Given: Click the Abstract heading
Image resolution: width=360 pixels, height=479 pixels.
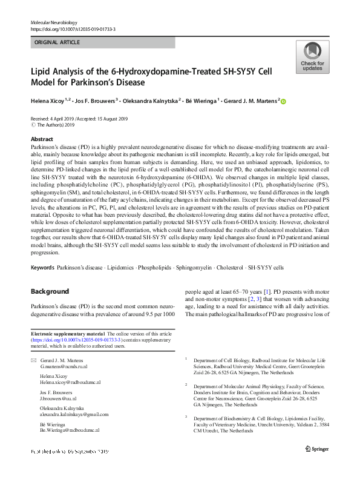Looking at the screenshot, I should pos(42,139).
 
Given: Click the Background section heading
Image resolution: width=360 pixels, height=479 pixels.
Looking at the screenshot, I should pos(50,291).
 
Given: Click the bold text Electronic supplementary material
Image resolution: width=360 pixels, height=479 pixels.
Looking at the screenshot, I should pos(68,334).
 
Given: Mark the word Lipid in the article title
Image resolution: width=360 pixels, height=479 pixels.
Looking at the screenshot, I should pos(41,71).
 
